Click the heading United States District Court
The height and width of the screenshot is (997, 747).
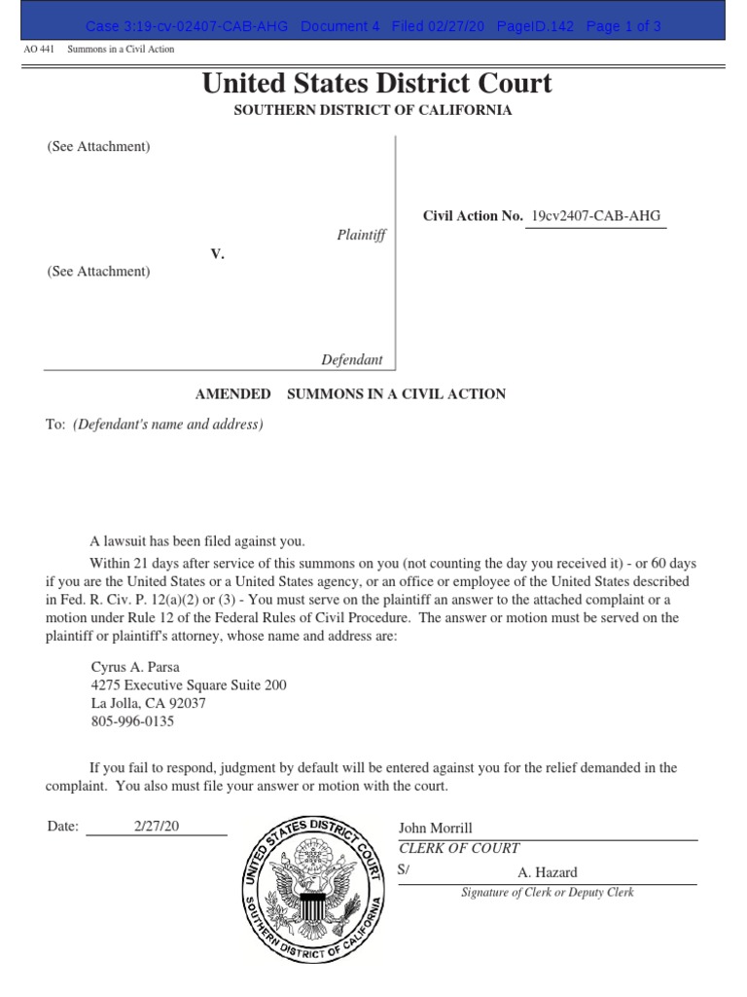(x=376, y=84)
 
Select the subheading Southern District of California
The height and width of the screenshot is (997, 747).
(x=373, y=110)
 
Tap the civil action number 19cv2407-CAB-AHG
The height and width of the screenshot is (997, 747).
(x=595, y=216)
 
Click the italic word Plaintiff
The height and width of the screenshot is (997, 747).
(x=361, y=235)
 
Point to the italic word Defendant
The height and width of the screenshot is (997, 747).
(x=352, y=359)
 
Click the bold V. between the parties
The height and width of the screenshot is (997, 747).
(x=218, y=253)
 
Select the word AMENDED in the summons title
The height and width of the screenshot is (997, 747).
(x=233, y=393)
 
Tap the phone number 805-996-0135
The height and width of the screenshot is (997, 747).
(x=132, y=721)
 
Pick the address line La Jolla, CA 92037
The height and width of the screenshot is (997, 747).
(x=148, y=703)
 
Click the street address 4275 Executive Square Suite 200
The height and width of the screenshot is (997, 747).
(x=188, y=685)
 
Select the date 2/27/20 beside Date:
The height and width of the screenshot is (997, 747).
(x=157, y=826)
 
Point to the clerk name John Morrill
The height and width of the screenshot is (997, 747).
(x=435, y=828)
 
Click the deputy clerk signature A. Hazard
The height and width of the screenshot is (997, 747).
(x=547, y=872)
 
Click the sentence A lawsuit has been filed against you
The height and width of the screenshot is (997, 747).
(x=197, y=541)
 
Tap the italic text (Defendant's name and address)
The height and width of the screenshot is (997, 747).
(x=167, y=425)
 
